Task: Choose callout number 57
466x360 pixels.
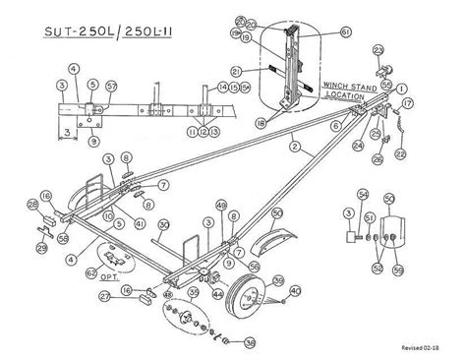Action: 111,86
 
